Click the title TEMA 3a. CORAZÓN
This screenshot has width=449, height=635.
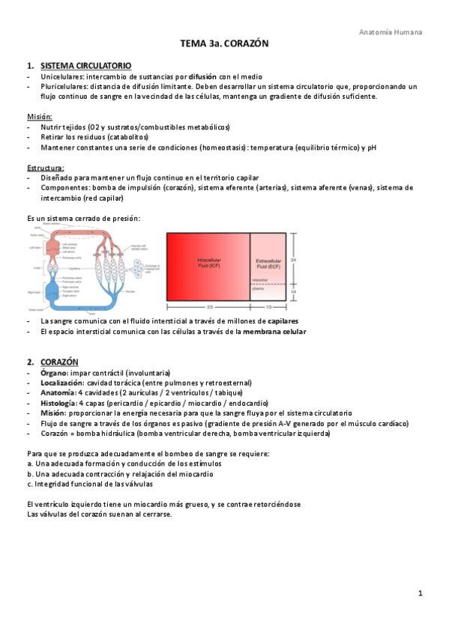(x=224, y=45)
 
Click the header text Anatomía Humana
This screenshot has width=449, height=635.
(x=391, y=32)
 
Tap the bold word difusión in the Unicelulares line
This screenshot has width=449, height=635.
(x=202, y=76)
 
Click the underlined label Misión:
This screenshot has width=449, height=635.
(x=40, y=117)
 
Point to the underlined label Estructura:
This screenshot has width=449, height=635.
(x=45, y=168)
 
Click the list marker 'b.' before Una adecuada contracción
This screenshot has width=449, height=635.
(x=29, y=474)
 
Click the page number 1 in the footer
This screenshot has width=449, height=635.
(x=421, y=594)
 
